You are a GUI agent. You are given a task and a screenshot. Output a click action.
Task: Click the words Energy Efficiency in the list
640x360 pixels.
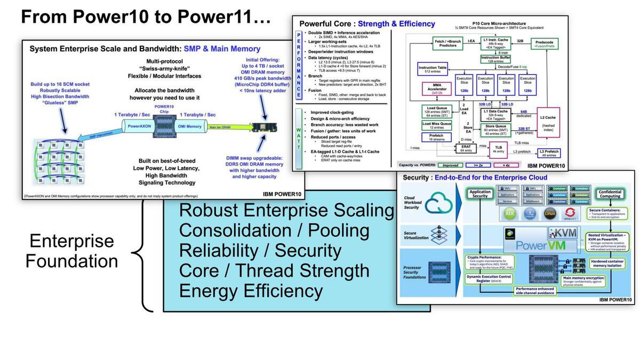(x=251, y=291)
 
